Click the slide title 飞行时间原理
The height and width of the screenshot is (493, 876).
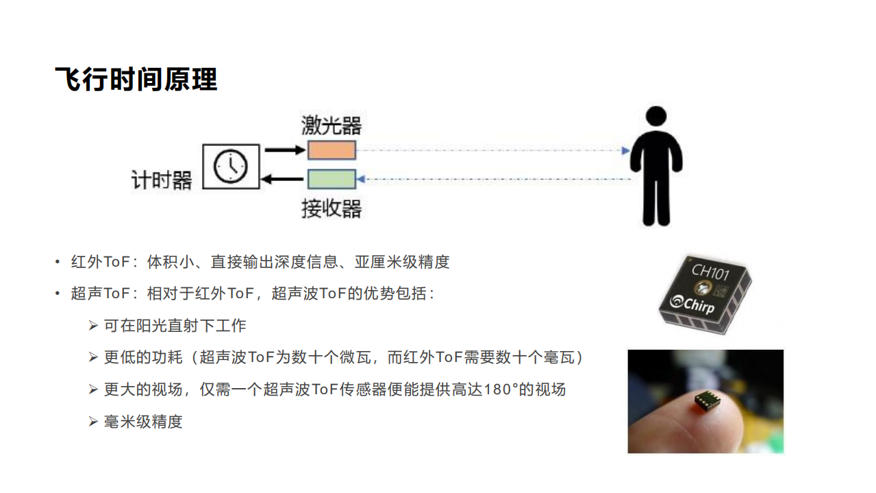point(136,80)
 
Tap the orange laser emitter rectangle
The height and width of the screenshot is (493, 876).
point(331,150)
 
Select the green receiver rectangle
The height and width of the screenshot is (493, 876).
point(331,179)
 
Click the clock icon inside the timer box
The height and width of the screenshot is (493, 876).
point(231,166)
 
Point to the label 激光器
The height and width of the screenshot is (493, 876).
point(331,125)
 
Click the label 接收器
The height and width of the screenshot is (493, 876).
point(331,208)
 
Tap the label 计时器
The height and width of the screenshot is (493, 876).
point(162,180)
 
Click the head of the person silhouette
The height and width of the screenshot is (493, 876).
point(656,117)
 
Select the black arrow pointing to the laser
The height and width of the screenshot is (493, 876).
point(284,149)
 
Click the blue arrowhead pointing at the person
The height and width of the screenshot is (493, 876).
point(625,150)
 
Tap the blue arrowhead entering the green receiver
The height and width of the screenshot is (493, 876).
point(361,180)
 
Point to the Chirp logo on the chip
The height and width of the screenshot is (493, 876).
point(693,302)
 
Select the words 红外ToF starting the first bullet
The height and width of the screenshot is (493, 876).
point(96,262)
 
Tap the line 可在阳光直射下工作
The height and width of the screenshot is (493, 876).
point(175,325)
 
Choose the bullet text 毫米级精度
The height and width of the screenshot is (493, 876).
point(143,422)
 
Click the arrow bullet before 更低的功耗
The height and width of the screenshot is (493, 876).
point(93,357)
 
